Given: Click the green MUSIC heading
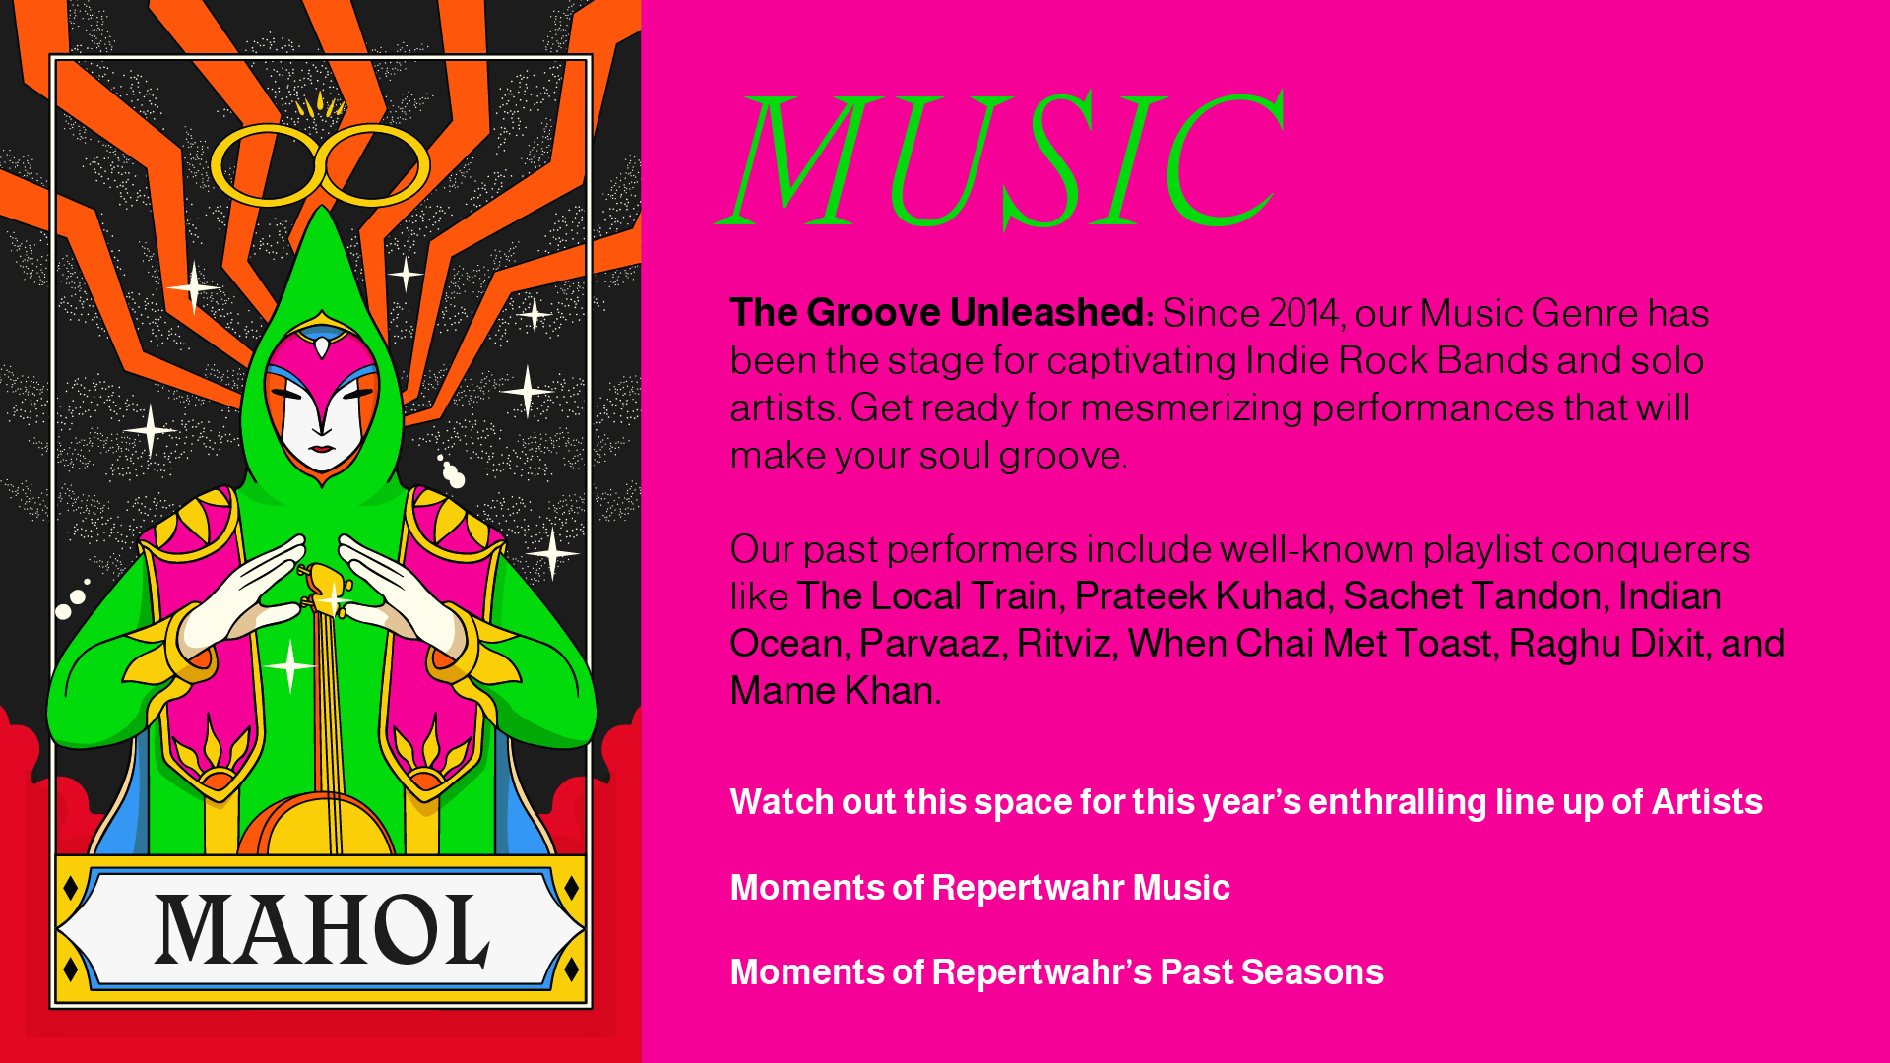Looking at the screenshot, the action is click(1000, 159).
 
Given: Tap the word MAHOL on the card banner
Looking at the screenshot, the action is click(322, 930).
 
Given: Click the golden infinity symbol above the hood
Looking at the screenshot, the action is click(320, 164).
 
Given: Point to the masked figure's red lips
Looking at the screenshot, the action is click(322, 451).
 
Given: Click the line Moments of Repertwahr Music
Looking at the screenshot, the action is click(980, 888).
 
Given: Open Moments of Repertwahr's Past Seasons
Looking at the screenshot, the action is click(1057, 972).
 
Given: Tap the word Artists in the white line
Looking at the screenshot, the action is click(1707, 802).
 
